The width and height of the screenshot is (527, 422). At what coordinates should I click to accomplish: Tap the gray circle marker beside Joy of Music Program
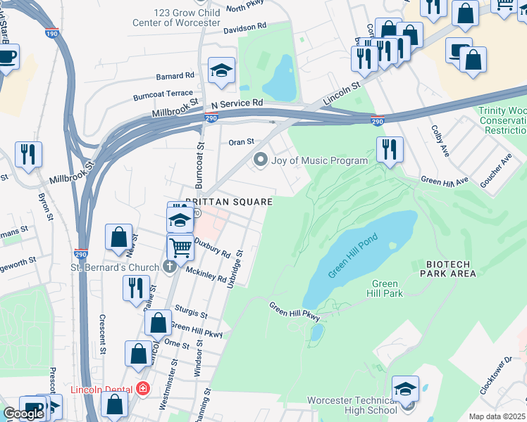tap(261, 160)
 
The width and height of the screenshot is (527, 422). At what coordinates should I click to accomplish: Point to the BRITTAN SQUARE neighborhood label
tap(228, 202)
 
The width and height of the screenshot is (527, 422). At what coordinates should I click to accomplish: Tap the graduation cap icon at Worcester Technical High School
tap(405, 389)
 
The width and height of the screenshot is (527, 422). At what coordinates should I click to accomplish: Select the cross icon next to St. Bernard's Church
tap(169, 267)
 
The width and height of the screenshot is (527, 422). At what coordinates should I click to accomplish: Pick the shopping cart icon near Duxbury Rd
tap(180, 247)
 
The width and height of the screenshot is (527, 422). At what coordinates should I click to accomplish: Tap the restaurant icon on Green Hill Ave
tap(389, 149)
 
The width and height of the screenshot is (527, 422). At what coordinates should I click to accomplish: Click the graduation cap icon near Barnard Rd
tap(221, 70)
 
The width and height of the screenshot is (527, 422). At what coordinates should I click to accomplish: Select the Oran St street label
tap(241, 141)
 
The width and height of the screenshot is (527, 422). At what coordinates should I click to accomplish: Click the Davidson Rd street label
tap(245, 26)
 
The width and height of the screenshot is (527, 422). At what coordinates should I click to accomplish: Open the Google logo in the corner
tap(23, 414)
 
